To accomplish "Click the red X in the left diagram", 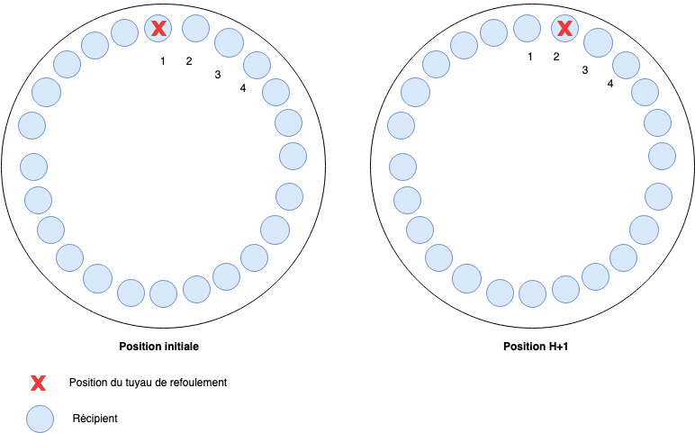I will pos(158,29).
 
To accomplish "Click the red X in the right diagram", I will pos(564,29).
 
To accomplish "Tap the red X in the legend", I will pos(38,383).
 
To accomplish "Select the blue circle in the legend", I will pos(39,419).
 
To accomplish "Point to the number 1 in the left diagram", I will pos(163,61).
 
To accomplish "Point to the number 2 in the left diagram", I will pos(188,61).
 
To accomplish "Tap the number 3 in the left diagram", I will pos(217,74).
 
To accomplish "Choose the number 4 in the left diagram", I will pos(243,87).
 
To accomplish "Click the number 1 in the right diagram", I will pos(530,57).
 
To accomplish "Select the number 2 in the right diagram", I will pos(555,57).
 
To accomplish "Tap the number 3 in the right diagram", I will pos(584,69).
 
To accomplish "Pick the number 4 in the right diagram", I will pos(610,83).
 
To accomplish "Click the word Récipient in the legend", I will pos(95,419).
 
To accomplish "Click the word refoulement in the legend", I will pos(197,383).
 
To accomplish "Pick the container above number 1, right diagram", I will pos(527,29).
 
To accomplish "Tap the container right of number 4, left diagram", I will pos(275,92).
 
